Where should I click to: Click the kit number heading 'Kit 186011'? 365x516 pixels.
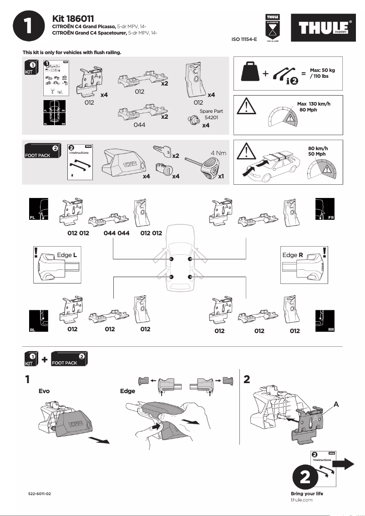click(73, 19)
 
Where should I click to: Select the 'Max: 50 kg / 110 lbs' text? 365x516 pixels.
click(322, 73)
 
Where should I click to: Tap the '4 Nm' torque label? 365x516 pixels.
click(218, 153)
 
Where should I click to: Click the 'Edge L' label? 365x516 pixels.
click(66, 255)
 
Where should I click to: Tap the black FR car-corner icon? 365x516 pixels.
click(325, 209)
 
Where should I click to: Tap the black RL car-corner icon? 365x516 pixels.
click(39, 321)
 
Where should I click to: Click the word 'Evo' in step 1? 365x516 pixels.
click(44, 391)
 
